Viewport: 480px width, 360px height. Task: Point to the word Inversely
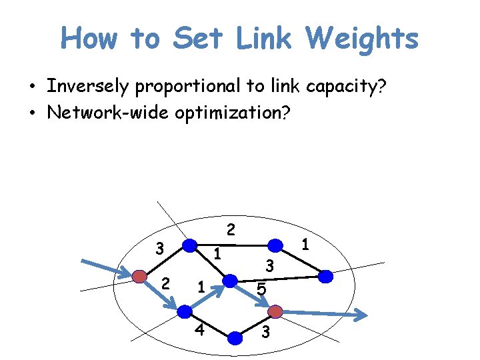tap(89, 87)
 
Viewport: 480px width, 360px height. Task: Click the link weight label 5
tap(262, 290)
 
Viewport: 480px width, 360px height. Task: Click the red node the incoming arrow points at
tap(139, 276)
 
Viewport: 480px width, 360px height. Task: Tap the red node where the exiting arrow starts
tap(275, 311)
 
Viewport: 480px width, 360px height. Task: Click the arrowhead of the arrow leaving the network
tap(360, 315)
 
